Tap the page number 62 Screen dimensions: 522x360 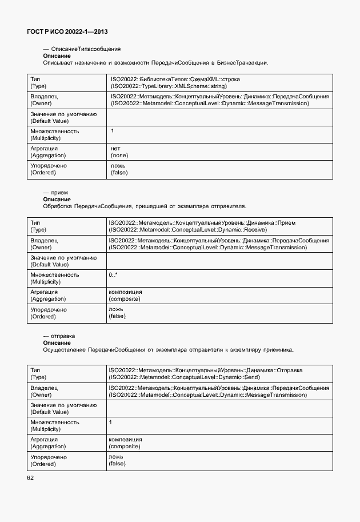point(30,477)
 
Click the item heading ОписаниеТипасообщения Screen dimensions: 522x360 point(86,49)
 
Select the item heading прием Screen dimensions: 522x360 point(59,193)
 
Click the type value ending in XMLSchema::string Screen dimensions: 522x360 point(169,85)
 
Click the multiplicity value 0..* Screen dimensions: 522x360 point(113,275)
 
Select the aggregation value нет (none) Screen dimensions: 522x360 point(119,152)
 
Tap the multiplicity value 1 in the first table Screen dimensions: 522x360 point(113,132)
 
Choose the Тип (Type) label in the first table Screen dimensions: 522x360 point(37,82)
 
